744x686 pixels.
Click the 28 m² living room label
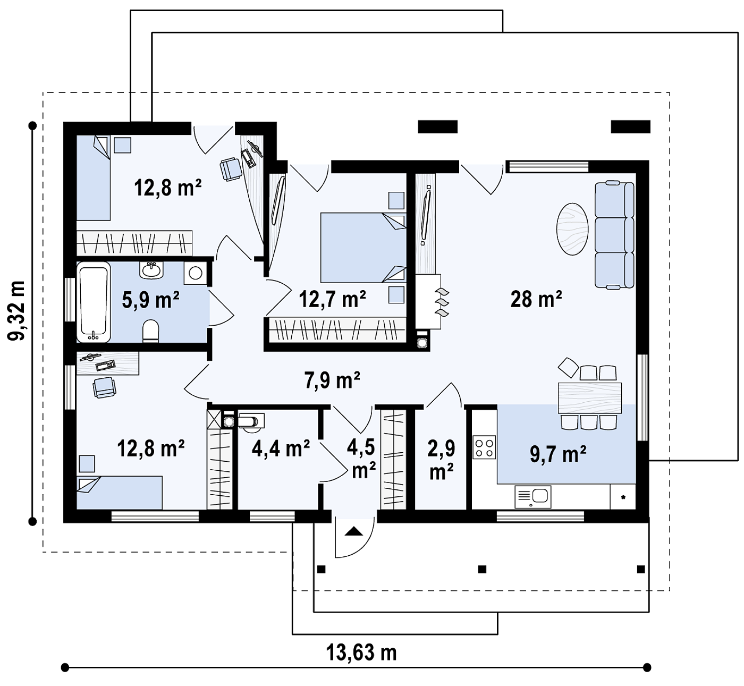536,299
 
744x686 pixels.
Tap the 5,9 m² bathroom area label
150,300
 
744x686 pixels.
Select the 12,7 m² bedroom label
332,299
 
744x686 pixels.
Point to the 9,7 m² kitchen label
558,454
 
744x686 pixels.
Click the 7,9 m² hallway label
332,380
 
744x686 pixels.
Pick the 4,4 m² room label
281,448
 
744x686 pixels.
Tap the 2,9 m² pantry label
441,460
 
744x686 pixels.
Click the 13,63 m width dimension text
361,653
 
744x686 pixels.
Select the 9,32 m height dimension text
16,311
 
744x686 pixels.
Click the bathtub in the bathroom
94,302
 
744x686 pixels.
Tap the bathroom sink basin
151,270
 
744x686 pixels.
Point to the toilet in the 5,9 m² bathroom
150,331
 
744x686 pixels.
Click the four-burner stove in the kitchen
484,447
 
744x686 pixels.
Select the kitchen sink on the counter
532,497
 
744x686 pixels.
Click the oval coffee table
572,229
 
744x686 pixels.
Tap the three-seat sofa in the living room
614,235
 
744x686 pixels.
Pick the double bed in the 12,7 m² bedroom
363,248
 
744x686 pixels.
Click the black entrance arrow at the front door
353,532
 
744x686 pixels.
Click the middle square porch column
482,570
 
